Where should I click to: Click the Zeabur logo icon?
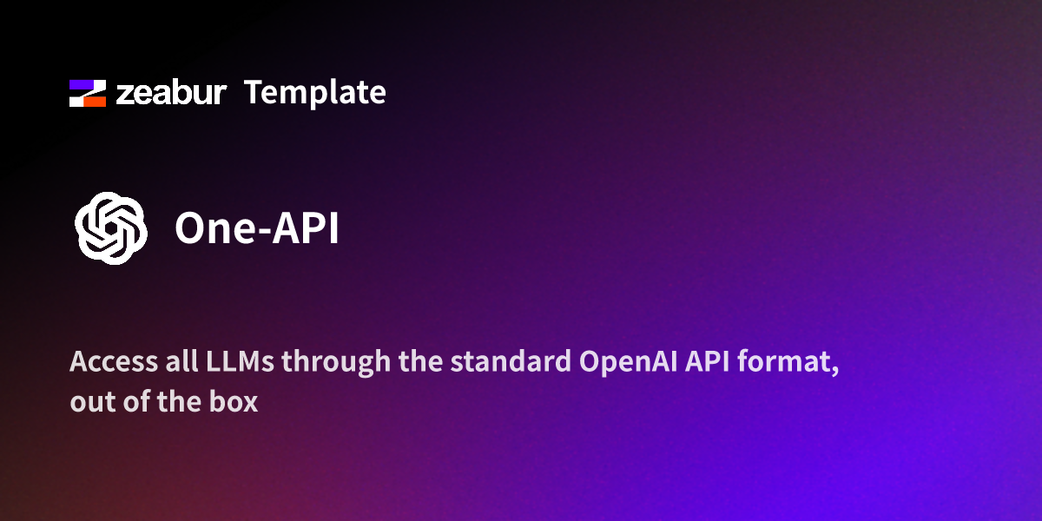pos(87,93)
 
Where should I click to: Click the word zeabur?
pos(171,93)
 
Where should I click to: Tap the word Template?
pos(314,92)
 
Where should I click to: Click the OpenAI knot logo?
pos(109,228)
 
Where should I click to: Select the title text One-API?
pos(256,228)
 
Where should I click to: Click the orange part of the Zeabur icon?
pos(96,101)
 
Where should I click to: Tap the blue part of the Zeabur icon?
pos(80,85)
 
